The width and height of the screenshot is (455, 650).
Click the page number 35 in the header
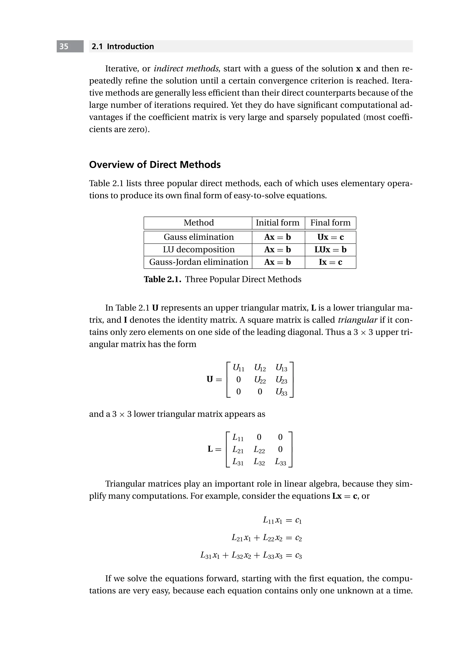(x=64, y=46)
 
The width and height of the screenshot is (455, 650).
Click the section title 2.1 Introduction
(x=123, y=46)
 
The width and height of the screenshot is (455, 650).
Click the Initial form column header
(x=277, y=223)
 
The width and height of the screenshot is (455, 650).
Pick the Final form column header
(x=330, y=223)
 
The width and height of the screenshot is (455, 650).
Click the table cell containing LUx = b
(x=330, y=250)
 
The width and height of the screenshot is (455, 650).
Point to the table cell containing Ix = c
(x=330, y=262)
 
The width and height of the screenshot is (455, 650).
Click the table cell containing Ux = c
(x=330, y=237)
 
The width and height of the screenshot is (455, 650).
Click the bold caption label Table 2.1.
(x=162, y=279)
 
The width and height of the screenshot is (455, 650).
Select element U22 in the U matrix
(x=260, y=380)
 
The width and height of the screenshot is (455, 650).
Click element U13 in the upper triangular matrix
(x=281, y=368)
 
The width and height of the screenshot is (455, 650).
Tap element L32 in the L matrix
(x=259, y=462)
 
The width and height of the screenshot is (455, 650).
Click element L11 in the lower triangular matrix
(x=238, y=438)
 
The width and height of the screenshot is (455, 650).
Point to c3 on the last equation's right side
(x=298, y=556)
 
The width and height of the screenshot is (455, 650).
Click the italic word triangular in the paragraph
(x=357, y=320)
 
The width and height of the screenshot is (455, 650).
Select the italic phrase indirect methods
(x=187, y=68)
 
